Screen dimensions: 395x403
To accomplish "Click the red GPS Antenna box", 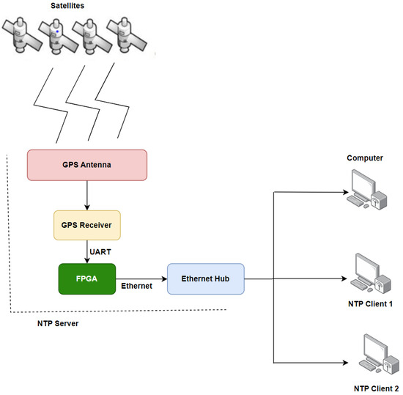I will click(87, 165).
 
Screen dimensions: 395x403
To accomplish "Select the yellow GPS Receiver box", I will click(87, 225).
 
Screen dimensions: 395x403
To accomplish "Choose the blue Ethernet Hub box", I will click(205, 278).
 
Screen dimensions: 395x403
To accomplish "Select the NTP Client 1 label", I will click(371, 303).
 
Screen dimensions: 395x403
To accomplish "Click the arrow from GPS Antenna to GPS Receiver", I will click(87, 194).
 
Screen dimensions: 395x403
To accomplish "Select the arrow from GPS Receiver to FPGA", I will click(87, 251).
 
